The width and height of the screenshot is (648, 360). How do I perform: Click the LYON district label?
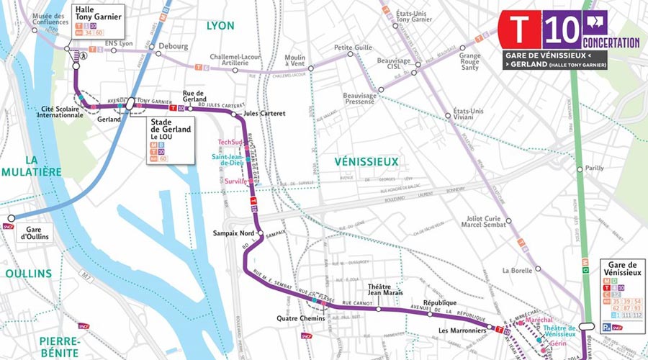pyautogui.click(x=220, y=25)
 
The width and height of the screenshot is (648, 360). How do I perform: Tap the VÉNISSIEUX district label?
pyautogui.click(x=366, y=162)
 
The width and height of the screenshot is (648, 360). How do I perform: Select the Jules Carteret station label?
pyautogui.click(x=264, y=113)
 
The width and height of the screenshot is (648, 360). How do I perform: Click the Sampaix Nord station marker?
pyautogui.click(x=261, y=234)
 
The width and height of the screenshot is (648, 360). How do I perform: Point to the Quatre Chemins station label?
pyautogui.click(x=301, y=318)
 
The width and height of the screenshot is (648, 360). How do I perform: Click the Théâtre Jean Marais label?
pyautogui.click(x=379, y=290)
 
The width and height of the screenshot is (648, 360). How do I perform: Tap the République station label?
pyautogui.click(x=440, y=303)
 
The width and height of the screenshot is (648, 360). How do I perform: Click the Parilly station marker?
pyautogui.click(x=580, y=169)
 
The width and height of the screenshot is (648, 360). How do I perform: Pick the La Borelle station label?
pyautogui.click(x=516, y=270)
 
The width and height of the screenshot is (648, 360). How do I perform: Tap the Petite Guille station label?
pyautogui.click(x=353, y=48)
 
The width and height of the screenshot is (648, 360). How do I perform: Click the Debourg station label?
pyautogui.click(x=173, y=45)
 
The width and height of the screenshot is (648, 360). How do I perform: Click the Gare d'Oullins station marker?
pyautogui.click(x=11, y=218)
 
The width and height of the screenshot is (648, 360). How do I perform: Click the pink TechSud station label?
pyautogui.click(x=230, y=142)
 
